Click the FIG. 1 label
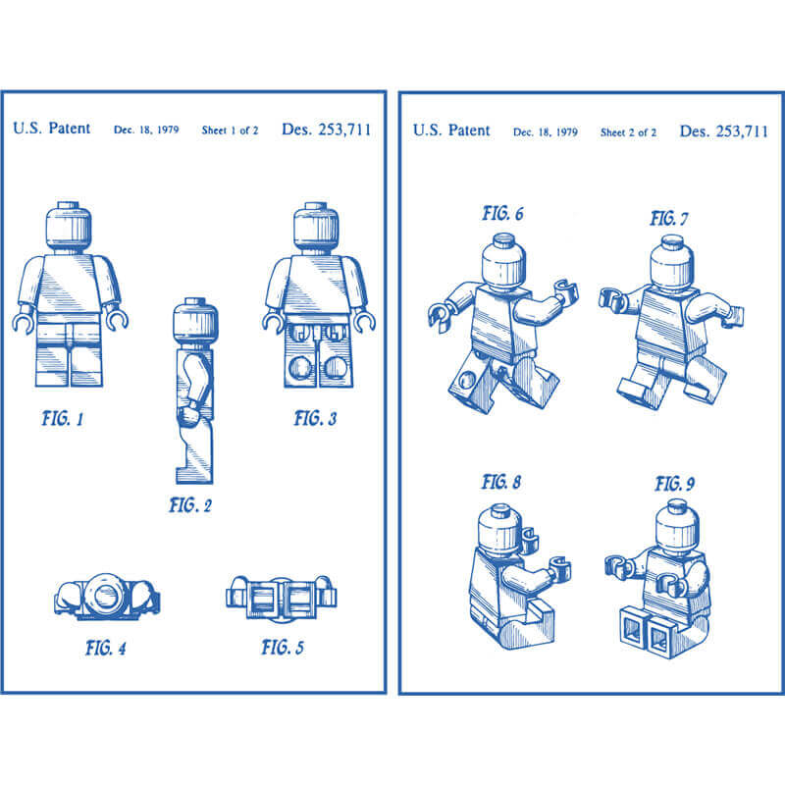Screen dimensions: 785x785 tap(63, 419)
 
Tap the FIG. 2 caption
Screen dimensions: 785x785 tap(190, 505)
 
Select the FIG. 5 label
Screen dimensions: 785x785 tap(283, 648)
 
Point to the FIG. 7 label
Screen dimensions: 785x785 tap(669, 219)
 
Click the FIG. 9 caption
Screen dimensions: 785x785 tap(674, 484)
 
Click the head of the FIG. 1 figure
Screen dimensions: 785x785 tap(69, 228)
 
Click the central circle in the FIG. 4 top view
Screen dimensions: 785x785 tap(107, 596)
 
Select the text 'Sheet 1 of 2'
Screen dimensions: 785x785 tap(230, 131)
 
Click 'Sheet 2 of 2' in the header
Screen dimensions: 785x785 tap(628, 132)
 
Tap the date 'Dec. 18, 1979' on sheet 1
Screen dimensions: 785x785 tap(146, 130)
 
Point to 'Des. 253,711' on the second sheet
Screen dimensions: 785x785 tap(723, 131)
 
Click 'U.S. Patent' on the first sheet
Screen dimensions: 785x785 tap(52, 129)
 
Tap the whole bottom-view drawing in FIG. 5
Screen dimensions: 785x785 tap(282, 599)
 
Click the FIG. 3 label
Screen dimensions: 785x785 tap(315, 419)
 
